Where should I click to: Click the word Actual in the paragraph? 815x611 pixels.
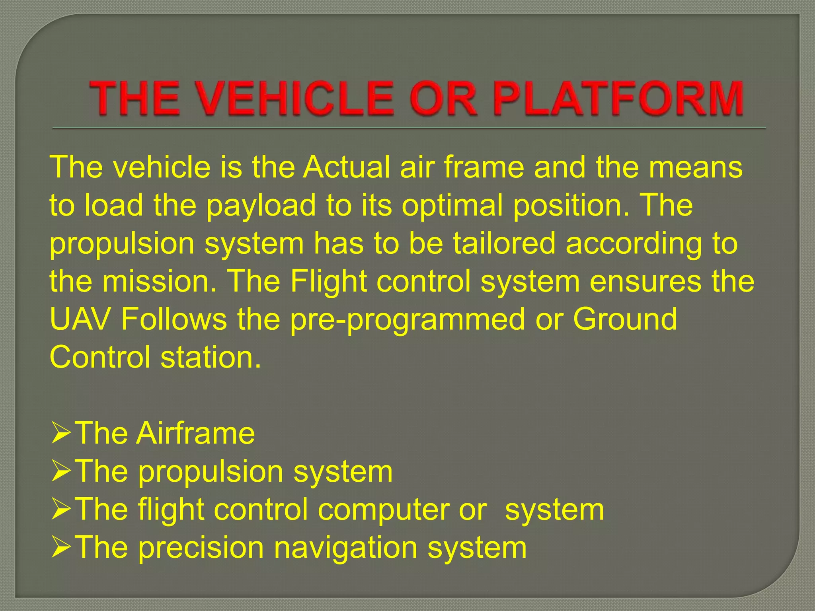346,167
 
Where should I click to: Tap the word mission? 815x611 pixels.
159,281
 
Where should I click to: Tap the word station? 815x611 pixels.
211,357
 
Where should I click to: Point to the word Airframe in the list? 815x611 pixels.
195,433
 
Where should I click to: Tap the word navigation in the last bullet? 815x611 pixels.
346,548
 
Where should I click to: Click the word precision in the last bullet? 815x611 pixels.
201,548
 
